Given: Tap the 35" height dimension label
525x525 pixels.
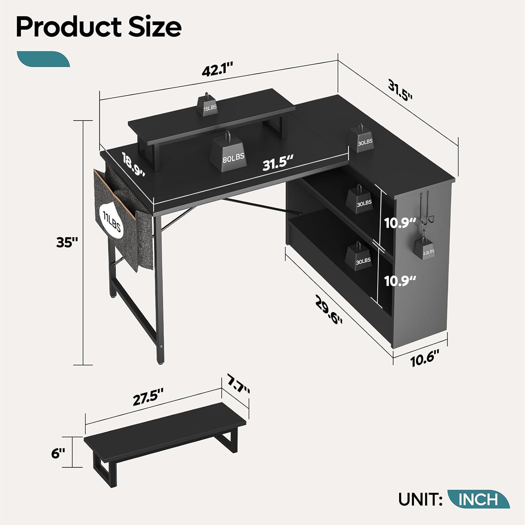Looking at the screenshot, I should pos(66,242).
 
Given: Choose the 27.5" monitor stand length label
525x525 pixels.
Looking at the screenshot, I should pos(148,400).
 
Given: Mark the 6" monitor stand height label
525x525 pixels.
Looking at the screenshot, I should pos(58,454).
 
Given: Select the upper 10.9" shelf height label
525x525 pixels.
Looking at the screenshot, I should pos(400,223).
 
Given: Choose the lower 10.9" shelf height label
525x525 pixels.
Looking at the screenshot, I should pos(400,281).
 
